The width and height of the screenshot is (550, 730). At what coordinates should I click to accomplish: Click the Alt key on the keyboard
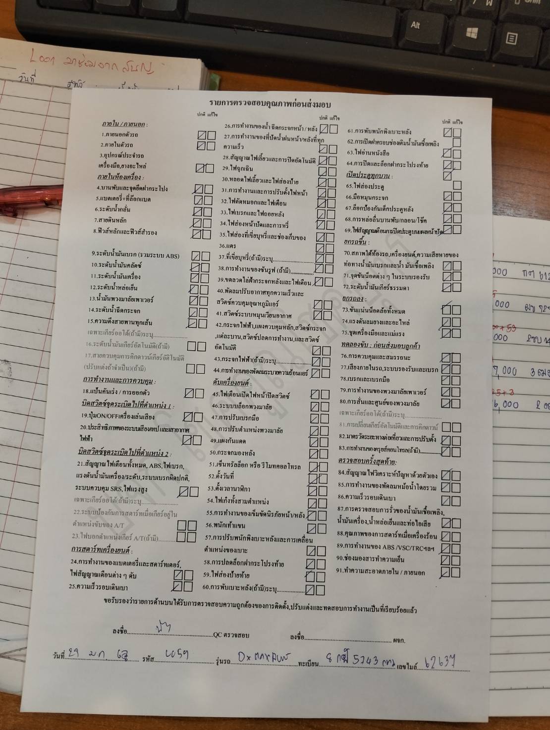coord(415,25)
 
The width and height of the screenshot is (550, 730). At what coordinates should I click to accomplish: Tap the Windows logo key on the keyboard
coord(472,33)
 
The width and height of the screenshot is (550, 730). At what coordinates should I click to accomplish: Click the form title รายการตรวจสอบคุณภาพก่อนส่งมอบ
coord(270,104)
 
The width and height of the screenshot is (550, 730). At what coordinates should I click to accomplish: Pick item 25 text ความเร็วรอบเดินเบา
coord(99,587)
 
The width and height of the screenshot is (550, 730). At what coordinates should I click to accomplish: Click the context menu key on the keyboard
coord(511,38)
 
